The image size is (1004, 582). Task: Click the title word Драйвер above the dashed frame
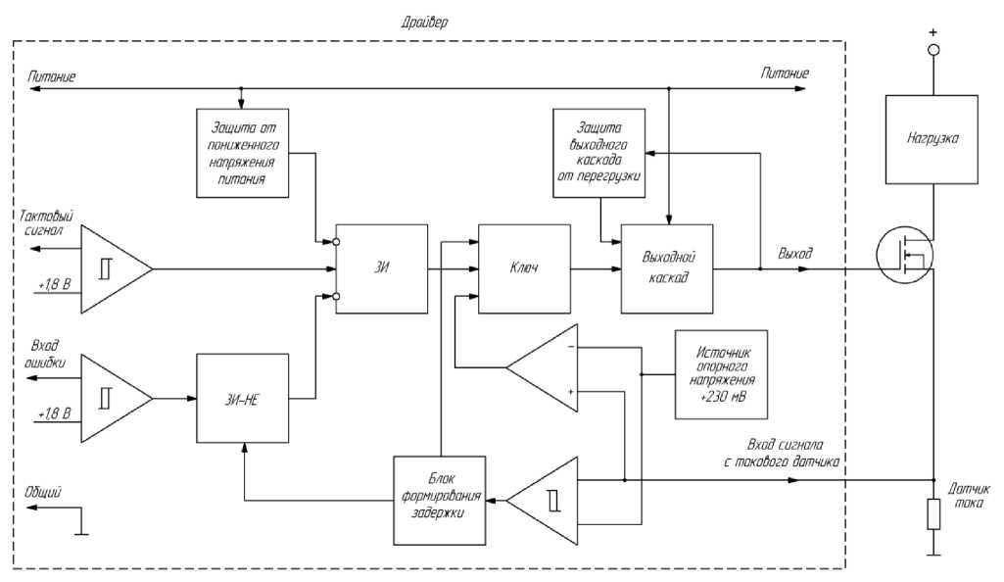click(424, 22)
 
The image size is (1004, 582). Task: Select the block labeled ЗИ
click(382, 269)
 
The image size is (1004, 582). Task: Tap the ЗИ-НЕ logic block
click(244, 398)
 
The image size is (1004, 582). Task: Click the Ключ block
click(524, 269)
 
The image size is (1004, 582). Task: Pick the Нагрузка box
click(932, 140)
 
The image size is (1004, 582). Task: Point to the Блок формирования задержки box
click(440, 500)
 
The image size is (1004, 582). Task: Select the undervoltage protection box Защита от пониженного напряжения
click(240, 153)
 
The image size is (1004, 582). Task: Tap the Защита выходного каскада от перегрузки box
click(599, 153)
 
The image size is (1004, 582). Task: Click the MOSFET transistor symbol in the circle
click(903, 255)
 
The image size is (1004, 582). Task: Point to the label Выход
click(795, 253)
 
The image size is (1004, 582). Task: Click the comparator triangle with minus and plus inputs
click(547, 368)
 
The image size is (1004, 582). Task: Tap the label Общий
click(45, 493)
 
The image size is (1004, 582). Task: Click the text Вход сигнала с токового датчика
click(791, 452)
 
